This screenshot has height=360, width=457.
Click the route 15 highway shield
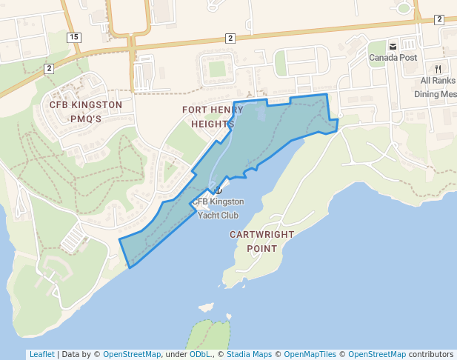coord(73,36)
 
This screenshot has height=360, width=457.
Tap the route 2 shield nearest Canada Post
coord(439,19)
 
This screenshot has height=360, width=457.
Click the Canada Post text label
coord(393,58)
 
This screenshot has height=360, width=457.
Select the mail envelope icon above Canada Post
coord(393,47)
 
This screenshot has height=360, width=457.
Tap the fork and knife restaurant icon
coord(438,69)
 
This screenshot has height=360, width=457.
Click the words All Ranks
coord(438,81)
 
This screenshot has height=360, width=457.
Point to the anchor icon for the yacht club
coord(218,190)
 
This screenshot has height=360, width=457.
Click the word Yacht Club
coord(218,216)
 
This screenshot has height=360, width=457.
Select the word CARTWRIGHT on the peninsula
coord(261,234)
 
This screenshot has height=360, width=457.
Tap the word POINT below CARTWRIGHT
coord(261,249)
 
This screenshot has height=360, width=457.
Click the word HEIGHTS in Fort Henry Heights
coord(213,124)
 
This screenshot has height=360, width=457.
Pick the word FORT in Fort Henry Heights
coord(194,110)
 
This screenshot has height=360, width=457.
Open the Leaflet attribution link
coord(41,354)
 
